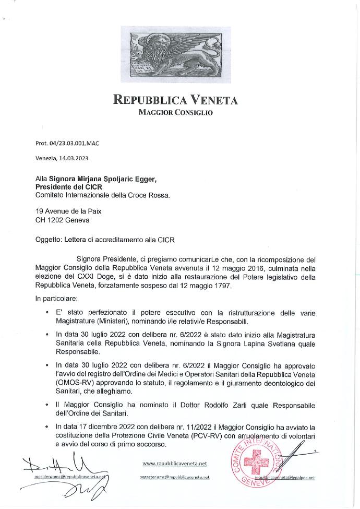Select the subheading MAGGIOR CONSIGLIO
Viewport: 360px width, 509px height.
(x=175, y=112)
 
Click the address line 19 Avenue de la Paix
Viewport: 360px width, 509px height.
(x=68, y=211)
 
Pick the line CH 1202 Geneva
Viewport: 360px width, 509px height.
(x=62, y=220)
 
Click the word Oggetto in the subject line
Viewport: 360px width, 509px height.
(x=48, y=240)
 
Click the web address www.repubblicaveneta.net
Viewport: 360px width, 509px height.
(x=175, y=463)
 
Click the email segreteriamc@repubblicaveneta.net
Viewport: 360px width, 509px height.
(x=175, y=477)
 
